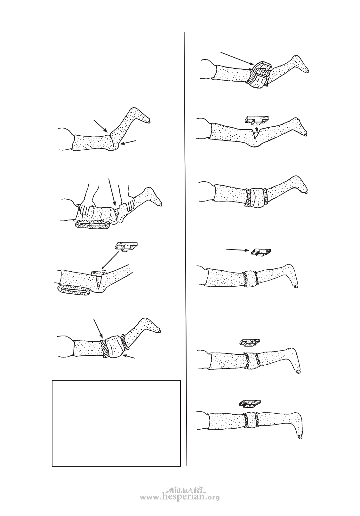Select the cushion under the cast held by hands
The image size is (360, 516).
pyautogui.click(x=92, y=225)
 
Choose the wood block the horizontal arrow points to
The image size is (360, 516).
pyautogui.click(x=261, y=252)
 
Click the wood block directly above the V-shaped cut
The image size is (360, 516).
pyautogui.click(x=256, y=119)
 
